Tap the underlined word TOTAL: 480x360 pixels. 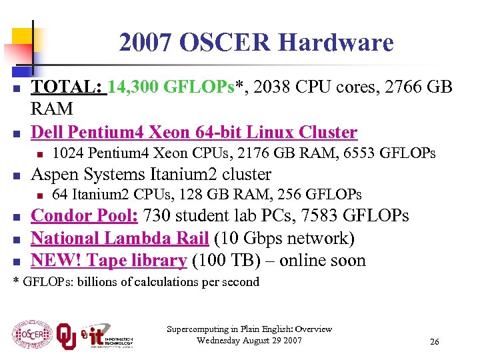(69, 87)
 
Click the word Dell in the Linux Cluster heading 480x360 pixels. (49, 132)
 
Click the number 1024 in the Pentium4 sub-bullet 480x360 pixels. (67, 153)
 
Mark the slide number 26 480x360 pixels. (435, 341)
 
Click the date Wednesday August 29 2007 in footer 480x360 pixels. (249, 341)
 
